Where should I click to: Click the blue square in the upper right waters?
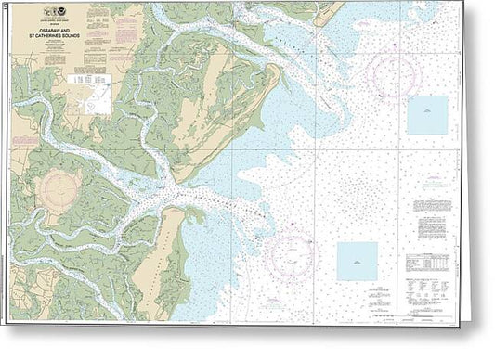(x=426, y=115)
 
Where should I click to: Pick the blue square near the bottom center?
(x=357, y=261)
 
